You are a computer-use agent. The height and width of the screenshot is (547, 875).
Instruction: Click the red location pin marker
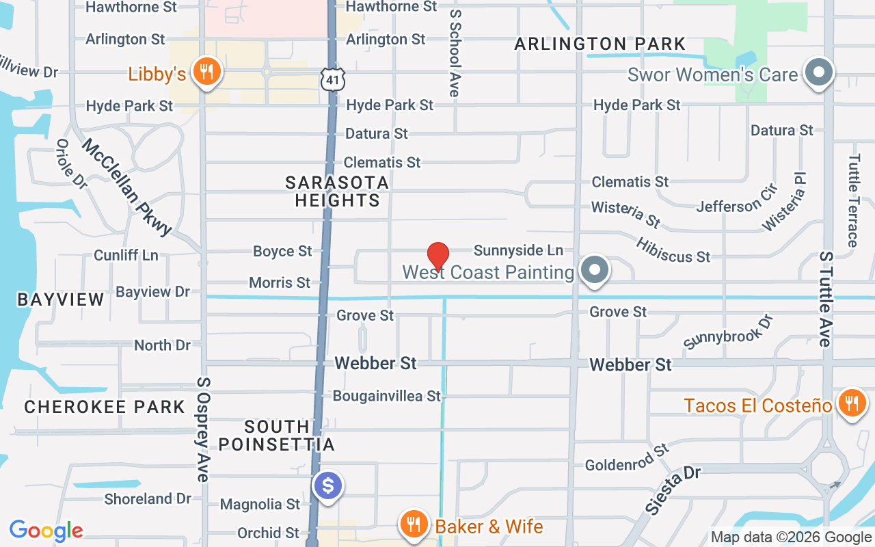click(x=437, y=256)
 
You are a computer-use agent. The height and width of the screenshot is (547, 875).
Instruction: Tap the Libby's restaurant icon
click(x=204, y=72)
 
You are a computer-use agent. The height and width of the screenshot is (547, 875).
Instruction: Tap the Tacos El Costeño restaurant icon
click(x=850, y=403)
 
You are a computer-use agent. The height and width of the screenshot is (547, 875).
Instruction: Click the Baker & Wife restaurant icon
click(x=413, y=524)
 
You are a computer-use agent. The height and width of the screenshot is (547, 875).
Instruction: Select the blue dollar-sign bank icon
click(x=328, y=486)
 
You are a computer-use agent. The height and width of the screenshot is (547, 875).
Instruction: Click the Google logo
click(x=46, y=531)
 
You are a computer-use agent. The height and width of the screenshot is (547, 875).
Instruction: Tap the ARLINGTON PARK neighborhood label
click(x=600, y=44)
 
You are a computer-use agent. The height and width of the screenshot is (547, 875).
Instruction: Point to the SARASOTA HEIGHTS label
click(x=337, y=191)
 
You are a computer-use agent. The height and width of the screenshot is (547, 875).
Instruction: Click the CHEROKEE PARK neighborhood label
click(x=105, y=407)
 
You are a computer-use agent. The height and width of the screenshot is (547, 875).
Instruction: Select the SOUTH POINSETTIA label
click(x=277, y=436)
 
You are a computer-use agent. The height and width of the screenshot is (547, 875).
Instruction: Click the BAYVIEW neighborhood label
click(x=61, y=299)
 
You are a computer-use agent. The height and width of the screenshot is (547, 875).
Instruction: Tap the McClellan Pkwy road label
click(x=127, y=187)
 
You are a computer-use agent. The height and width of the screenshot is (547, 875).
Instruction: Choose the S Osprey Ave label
click(x=202, y=429)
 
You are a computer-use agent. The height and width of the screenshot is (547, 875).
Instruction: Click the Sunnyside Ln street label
click(x=518, y=251)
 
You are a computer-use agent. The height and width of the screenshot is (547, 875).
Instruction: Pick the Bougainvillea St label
click(x=387, y=396)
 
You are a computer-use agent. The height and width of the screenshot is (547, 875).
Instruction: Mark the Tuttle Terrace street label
click(x=853, y=200)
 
